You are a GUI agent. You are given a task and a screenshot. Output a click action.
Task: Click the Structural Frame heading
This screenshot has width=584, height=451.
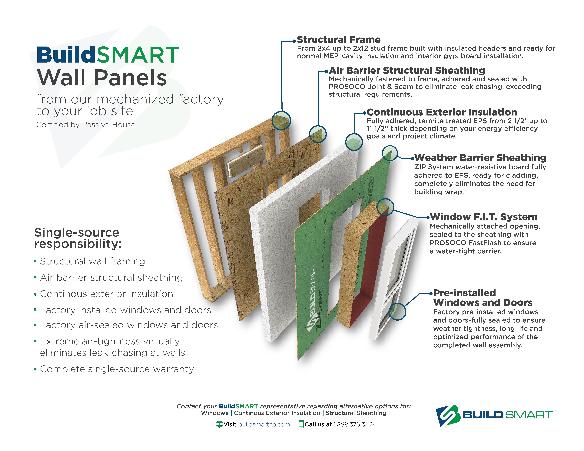339,40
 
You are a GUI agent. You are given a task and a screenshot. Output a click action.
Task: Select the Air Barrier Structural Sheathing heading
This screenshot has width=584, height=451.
407,71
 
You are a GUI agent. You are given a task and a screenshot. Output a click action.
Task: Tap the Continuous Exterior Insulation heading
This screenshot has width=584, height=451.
442,112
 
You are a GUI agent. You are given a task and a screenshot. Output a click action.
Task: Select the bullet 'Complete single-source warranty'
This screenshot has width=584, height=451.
117,369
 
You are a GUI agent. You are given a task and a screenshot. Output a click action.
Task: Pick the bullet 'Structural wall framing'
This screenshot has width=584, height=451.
93,261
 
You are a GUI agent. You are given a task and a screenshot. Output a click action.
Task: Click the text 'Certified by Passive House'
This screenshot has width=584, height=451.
86,125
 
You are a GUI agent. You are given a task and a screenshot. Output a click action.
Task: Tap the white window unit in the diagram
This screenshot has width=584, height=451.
393,278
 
